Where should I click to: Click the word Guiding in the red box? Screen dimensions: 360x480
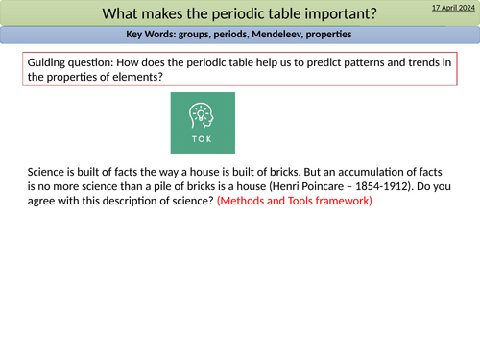pos(43,62)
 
